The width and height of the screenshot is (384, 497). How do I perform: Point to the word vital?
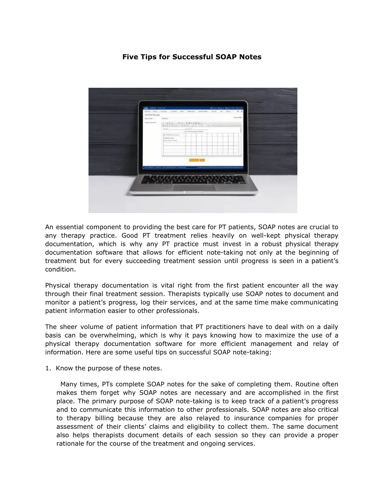[165, 285]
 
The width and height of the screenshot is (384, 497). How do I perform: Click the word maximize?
[280, 335]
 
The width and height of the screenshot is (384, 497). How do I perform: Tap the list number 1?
[48, 368]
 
